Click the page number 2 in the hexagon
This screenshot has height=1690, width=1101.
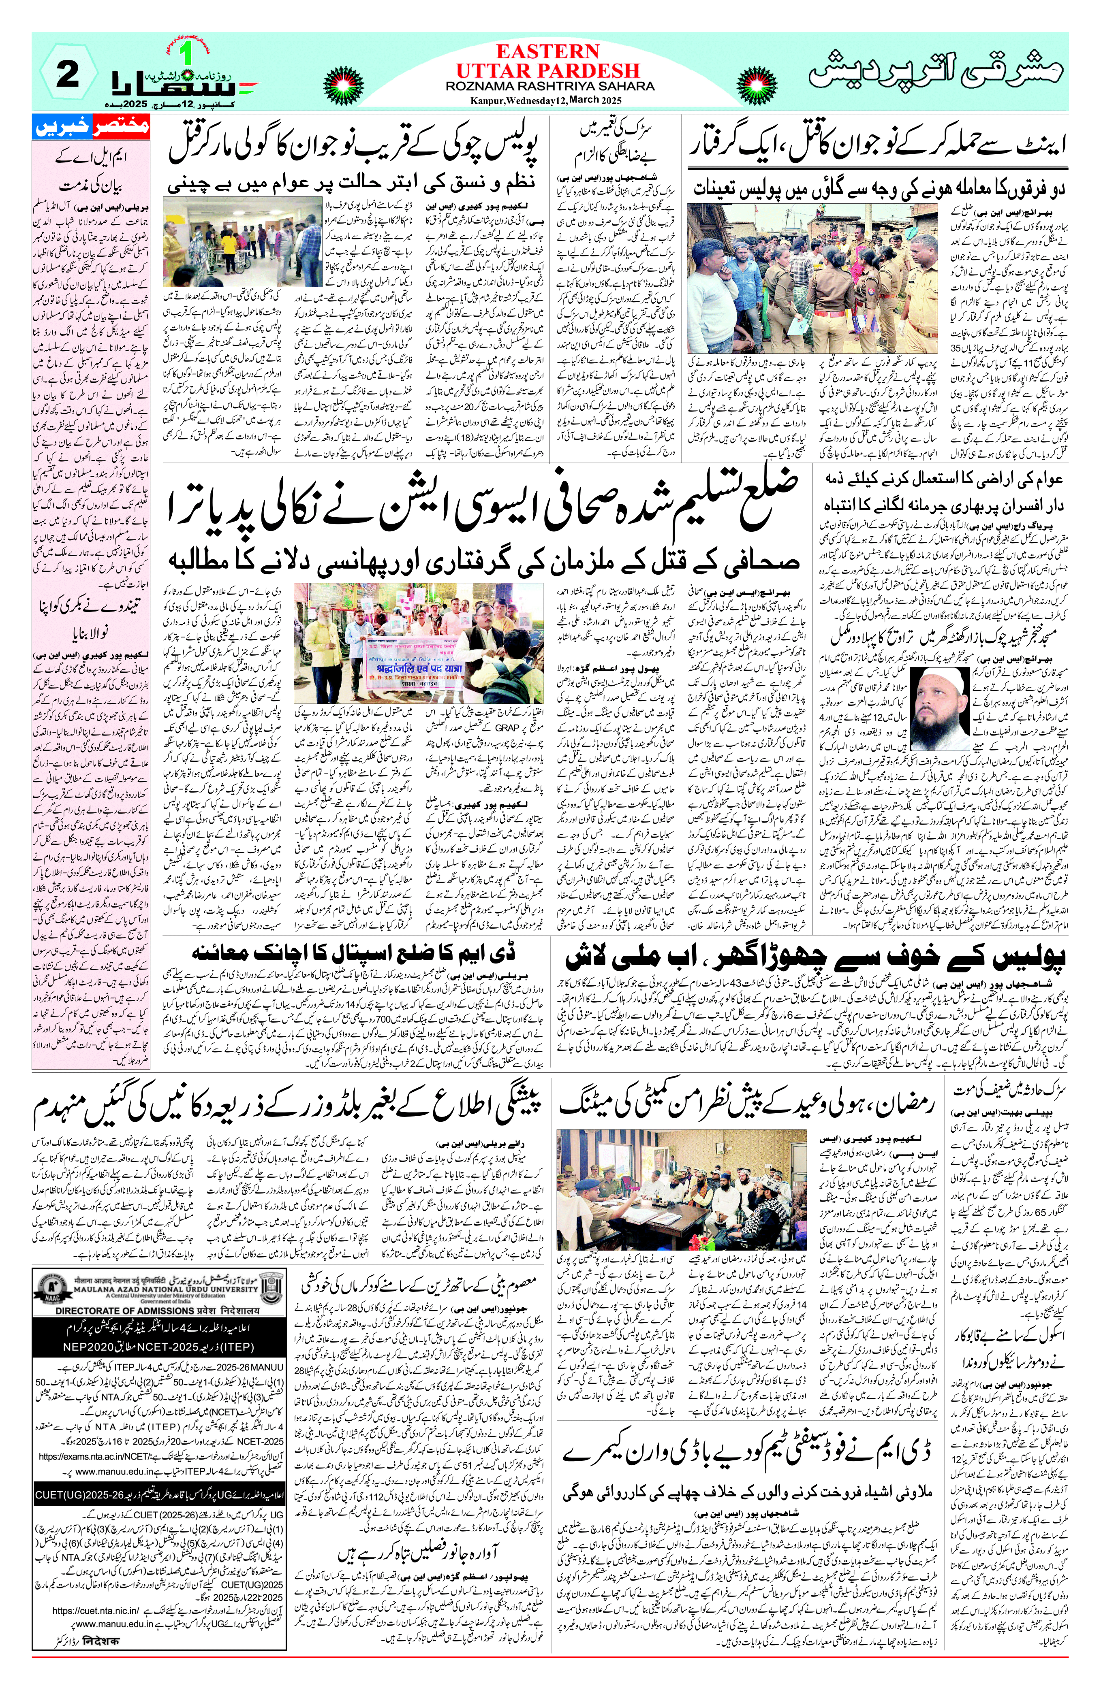(x=68, y=77)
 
